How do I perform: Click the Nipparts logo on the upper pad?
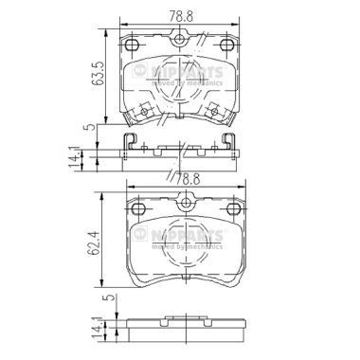tap(180, 75)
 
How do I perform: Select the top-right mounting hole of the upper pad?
tap(225, 46)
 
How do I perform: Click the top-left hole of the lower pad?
tap(137, 209)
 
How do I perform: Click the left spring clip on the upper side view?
tap(131, 143)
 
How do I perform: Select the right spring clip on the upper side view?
tap(229, 143)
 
